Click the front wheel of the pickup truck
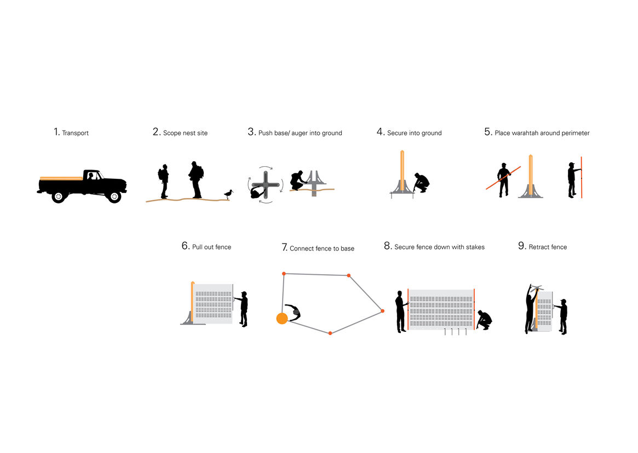point(114,197)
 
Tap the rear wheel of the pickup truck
point(59,197)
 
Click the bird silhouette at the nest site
point(229,194)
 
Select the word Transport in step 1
point(75,133)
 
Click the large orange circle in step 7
point(282,318)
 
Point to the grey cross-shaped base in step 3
point(266,185)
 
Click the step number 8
point(388,246)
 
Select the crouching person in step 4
point(422,183)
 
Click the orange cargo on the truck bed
point(61,178)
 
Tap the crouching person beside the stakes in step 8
point(485,320)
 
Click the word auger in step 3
point(300,133)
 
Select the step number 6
point(186,246)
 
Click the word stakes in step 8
point(475,247)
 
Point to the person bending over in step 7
point(294,312)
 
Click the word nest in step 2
point(189,133)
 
